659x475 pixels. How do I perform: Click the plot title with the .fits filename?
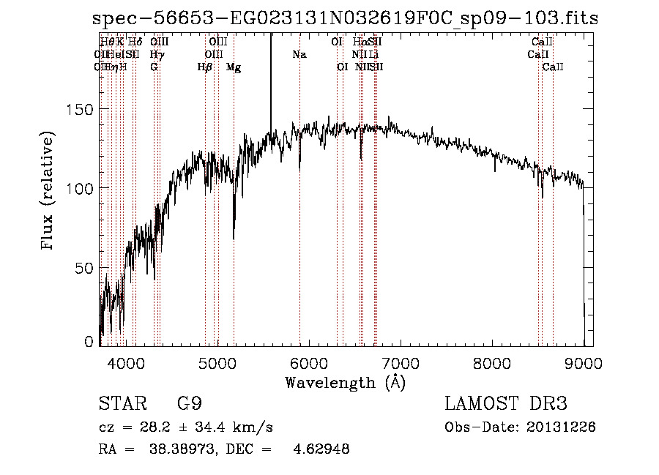(x=346, y=18)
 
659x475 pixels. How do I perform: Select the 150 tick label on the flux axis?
(x=82, y=110)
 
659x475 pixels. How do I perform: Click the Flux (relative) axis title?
(x=49, y=192)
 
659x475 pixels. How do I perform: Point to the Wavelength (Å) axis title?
(x=345, y=382)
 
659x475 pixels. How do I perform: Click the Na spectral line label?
(x=299, y=54)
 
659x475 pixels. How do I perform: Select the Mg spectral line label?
(x=234, y=67)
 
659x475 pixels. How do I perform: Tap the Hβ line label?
(x=205, y=67)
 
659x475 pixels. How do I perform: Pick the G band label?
(x=154, y=67)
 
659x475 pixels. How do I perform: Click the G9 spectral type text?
(x=190, y=404)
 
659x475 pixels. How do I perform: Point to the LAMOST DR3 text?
(x=506, y=404)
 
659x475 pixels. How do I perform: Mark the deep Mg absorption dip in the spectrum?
(x=234, y=234)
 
